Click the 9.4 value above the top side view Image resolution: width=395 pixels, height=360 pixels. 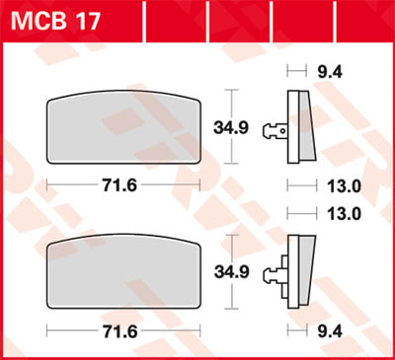324,70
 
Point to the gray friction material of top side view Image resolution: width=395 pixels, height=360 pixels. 306,124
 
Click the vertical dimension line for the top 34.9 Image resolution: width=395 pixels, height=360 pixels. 231,126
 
